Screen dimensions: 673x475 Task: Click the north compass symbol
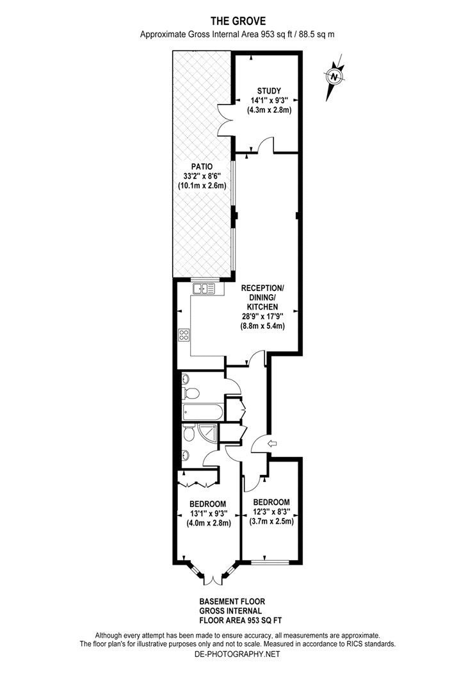click(x=334, y=77)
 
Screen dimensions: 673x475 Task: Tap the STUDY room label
click(x=269, y=90)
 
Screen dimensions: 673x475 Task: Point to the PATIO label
click(x=202, y=165)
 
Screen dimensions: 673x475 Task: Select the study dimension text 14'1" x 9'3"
click(x=269, y=100)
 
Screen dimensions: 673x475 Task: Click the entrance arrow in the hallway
click(x=271, y=443)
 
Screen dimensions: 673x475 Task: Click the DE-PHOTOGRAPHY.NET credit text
click(x=237, y=654)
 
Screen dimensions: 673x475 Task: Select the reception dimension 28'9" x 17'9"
click(x=262, y=316)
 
